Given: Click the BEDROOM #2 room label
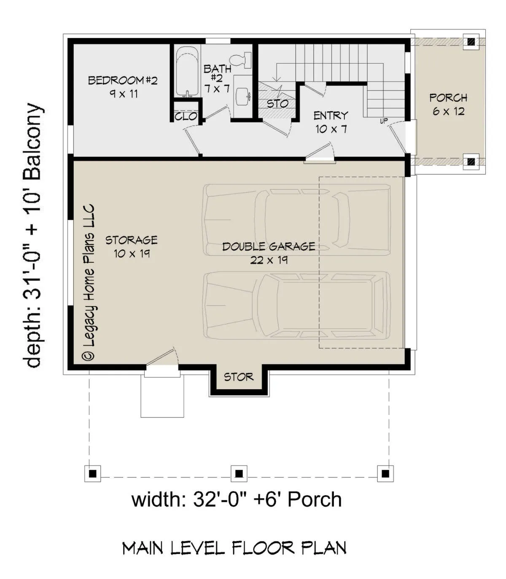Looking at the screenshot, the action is point(123,87).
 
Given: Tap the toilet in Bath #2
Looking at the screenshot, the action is point(240,60).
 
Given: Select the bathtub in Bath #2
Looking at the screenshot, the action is point(187,72).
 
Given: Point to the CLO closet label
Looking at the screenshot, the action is point(186,116).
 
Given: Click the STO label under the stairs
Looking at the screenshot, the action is point(277,104).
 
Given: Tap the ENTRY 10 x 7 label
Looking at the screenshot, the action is point(331,122).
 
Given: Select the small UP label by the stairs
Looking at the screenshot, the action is point(384,121).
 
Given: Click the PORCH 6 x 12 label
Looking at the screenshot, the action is point(449,105).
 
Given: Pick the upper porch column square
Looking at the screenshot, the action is point(471,42).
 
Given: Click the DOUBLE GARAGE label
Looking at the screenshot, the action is point(269,246).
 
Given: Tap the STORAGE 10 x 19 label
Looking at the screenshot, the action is point(132,247).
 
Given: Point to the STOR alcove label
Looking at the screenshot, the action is point(239,377).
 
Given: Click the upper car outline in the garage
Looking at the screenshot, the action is point(297,220).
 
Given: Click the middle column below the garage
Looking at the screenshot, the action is point(239,474).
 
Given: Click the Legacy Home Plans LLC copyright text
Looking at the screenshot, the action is point(89,283).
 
